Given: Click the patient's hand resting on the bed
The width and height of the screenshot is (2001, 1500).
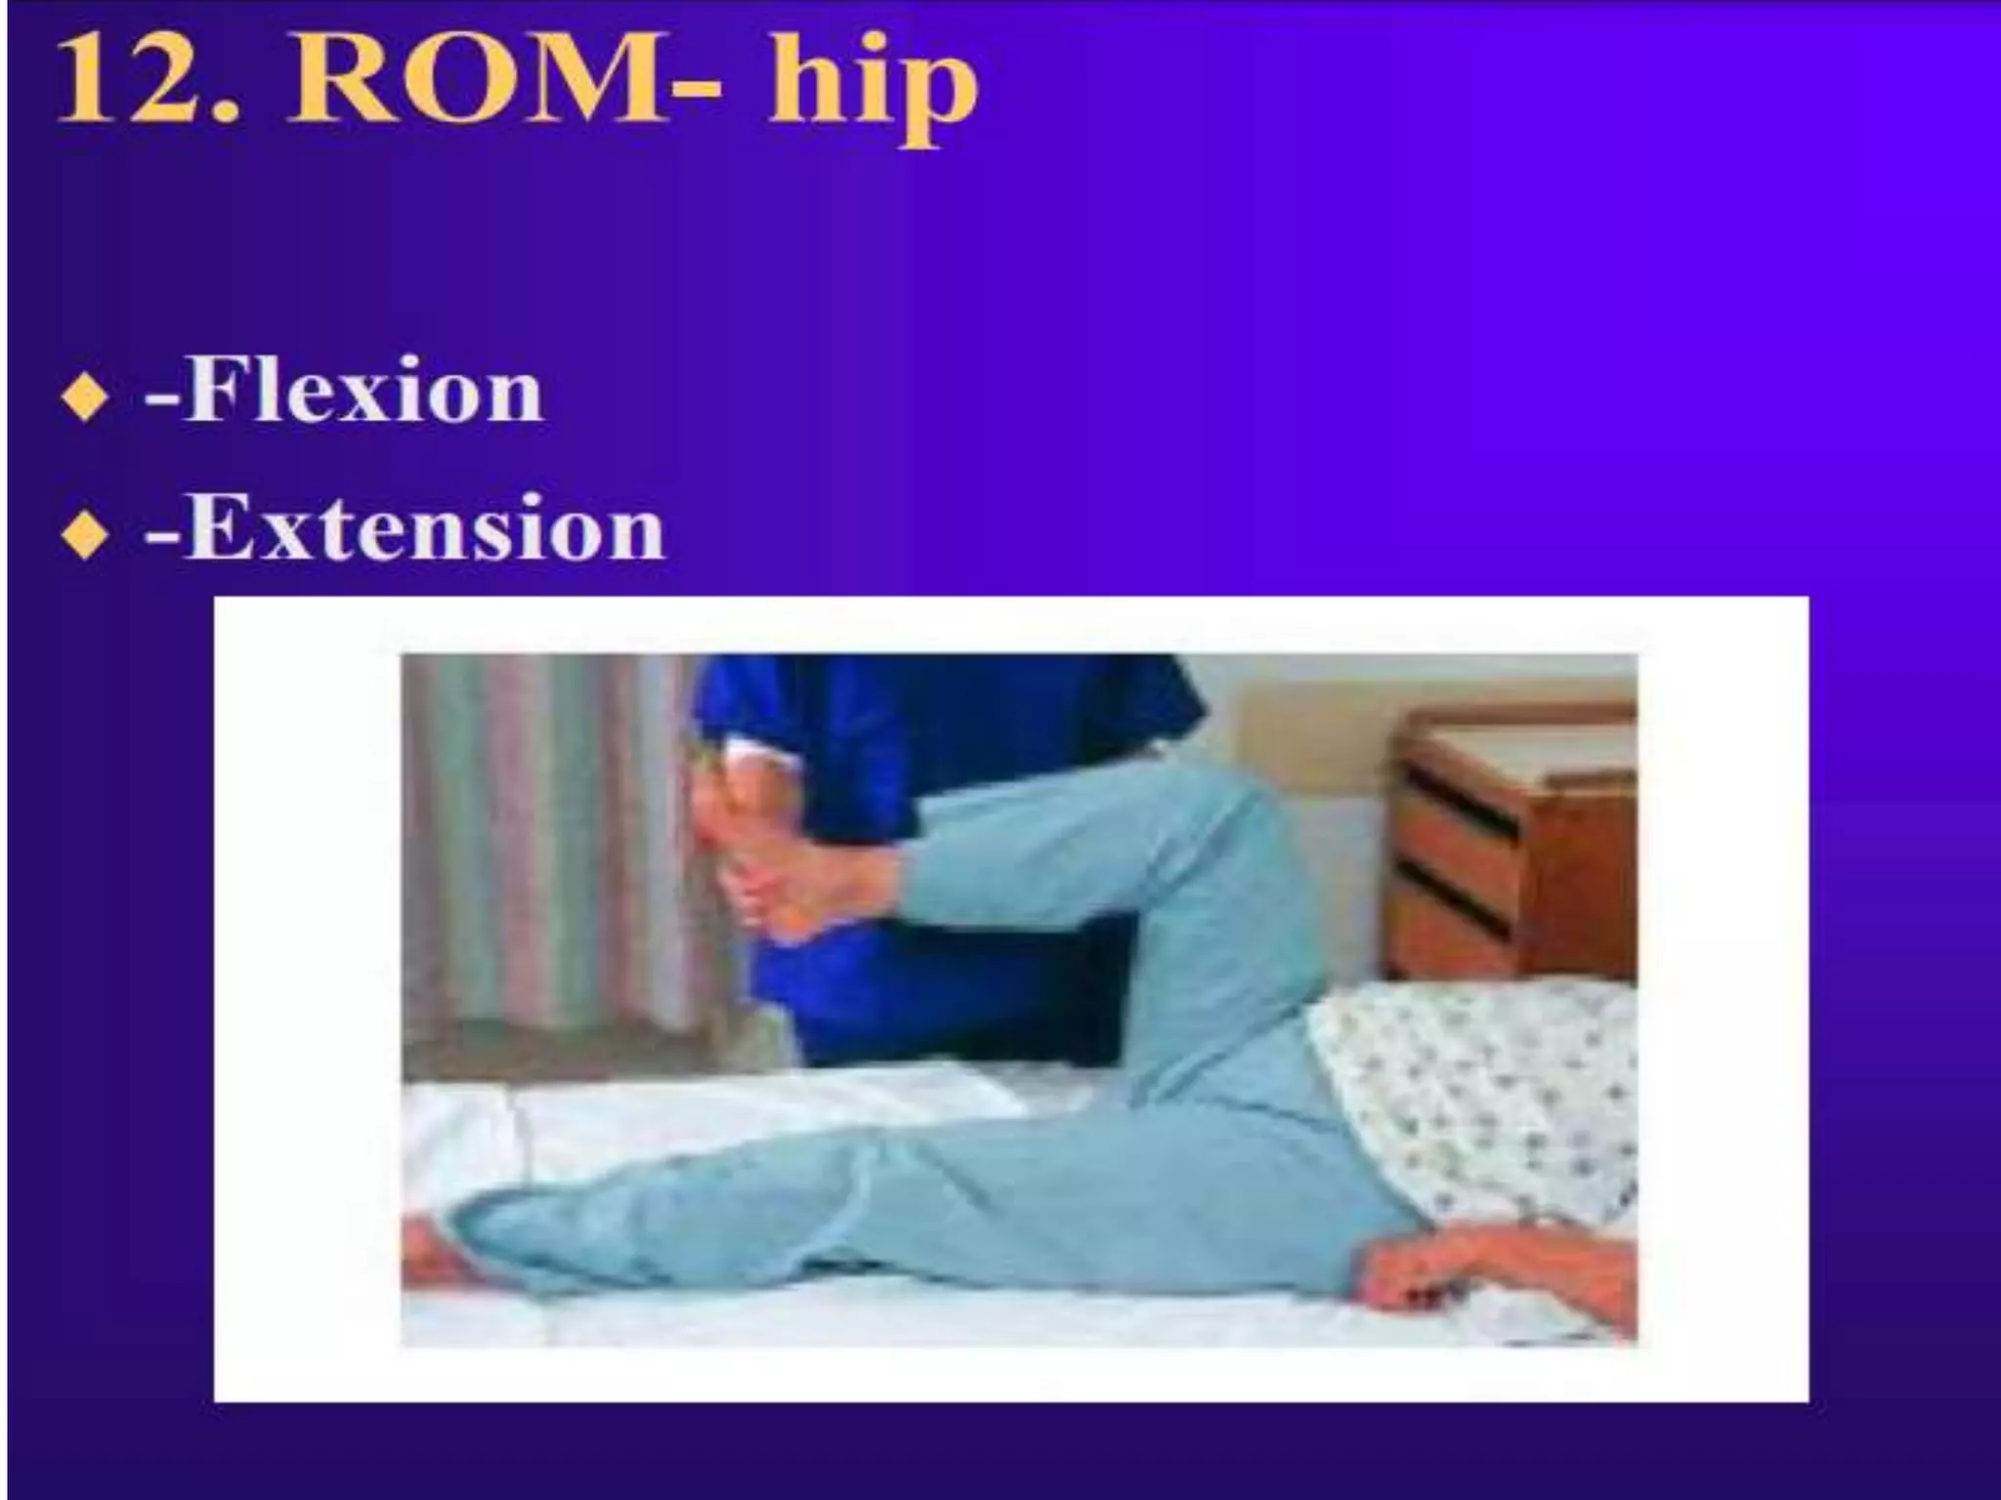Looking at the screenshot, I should pos(1466,1270).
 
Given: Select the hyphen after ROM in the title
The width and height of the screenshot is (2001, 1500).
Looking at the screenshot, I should pos(697,93).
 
